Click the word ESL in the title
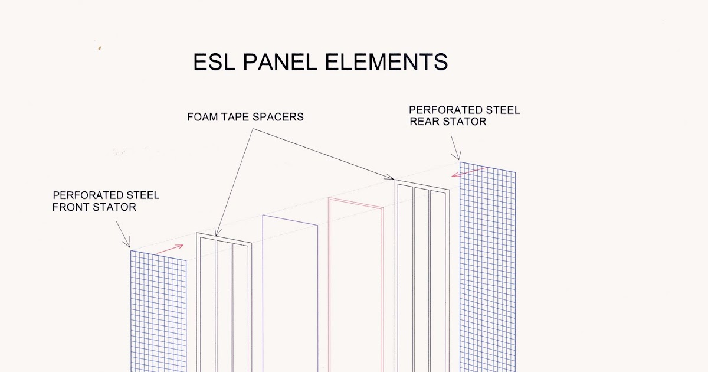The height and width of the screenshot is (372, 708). [215, 62]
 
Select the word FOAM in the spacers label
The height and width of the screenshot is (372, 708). [202, 117]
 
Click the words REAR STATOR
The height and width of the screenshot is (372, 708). [448, 122]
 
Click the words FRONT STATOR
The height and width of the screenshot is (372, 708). [94, 207]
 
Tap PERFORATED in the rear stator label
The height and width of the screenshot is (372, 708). [438, 110]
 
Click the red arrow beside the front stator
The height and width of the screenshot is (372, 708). [170, 249]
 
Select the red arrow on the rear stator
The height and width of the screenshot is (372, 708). [469, 172]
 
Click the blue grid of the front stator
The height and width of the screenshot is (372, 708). [158, 313]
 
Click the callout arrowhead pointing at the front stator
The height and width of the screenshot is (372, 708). [129, 246]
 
